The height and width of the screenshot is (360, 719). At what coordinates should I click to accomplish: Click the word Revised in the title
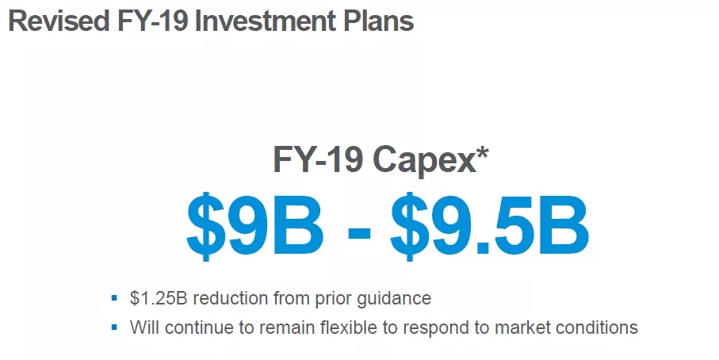click(59, 21)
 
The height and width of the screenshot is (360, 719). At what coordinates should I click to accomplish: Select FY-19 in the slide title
click(152, 21)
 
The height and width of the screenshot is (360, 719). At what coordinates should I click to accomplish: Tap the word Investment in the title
click(266, 21)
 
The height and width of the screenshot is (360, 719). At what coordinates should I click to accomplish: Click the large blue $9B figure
click(255, 227)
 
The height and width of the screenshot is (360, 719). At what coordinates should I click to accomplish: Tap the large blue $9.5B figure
click(490, 227)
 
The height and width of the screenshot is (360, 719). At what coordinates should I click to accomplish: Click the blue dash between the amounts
click(359, 231)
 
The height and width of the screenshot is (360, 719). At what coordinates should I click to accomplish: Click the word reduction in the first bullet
click(231, 299)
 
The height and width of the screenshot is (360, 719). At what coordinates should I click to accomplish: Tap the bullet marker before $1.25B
click(115, 299)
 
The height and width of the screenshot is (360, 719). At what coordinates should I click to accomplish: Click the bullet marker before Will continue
click(115, 327)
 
